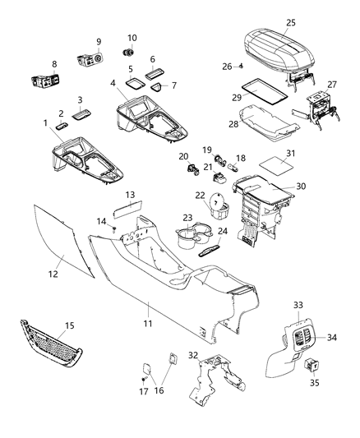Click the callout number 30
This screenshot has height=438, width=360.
[x=301, y=187]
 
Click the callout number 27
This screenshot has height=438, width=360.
[x=331, y=85]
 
